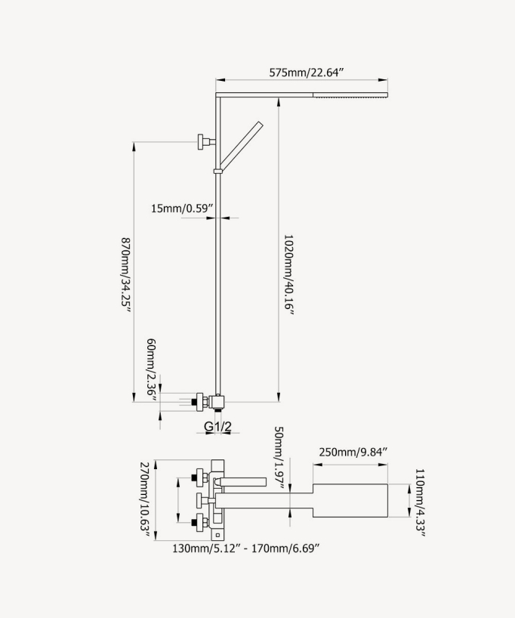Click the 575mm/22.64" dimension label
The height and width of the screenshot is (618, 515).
tap(307, 73)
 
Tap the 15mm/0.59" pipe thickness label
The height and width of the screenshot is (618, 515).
tap(182, 208)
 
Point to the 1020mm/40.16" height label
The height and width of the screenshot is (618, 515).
tap(288, 275)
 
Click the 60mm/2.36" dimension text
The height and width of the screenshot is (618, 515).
tap(152, 369)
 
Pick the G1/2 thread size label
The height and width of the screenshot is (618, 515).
tap(219, 426)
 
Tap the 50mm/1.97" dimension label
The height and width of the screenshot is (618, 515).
tap(279, 458)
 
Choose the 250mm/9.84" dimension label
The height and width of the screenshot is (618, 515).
tap(353, 452)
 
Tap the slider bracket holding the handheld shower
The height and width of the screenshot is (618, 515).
tap(218, 171)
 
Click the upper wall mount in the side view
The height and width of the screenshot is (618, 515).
tap(205, 140)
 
